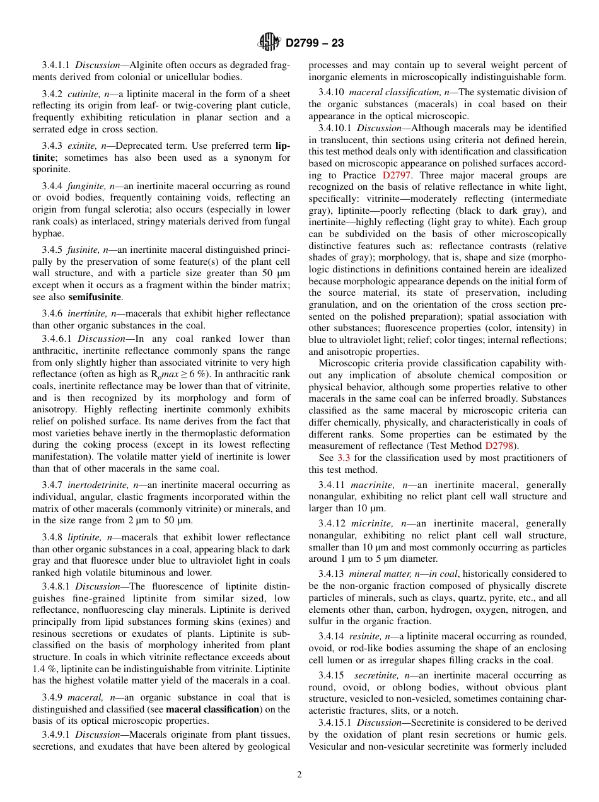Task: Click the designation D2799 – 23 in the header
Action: point(315,44)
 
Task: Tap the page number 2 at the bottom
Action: point(299,775)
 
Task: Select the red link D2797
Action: point(396,175)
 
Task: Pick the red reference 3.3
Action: point(344,458)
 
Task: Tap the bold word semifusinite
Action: point(95,297)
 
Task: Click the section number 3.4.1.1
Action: point(56,65)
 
